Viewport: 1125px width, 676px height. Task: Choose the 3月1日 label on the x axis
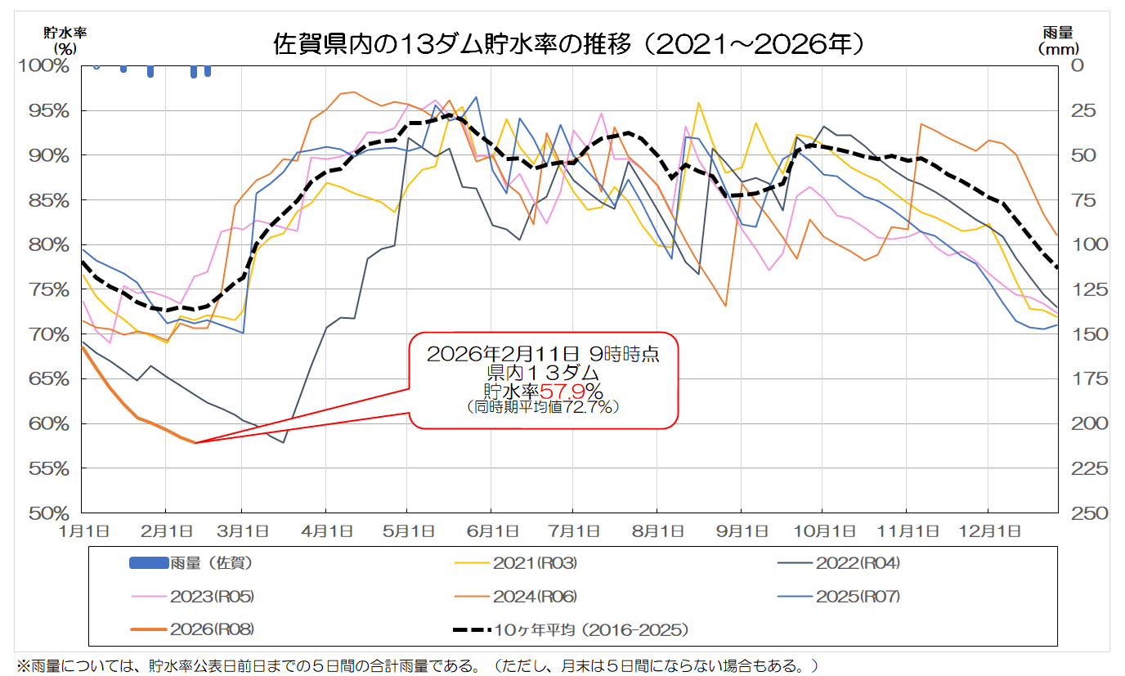click(x=241, y=530)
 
